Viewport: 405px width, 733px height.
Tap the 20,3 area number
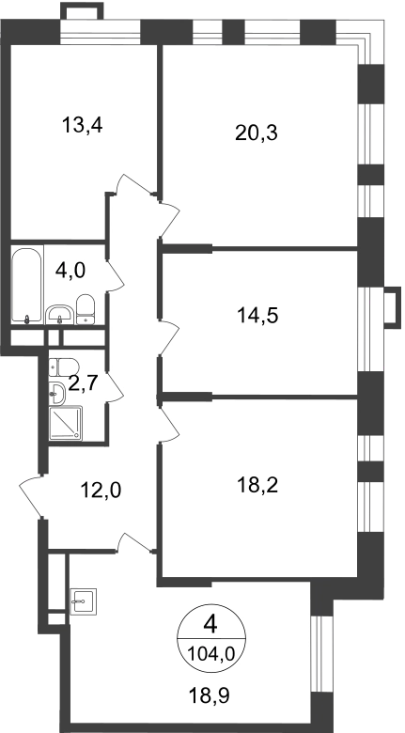click(257, 133)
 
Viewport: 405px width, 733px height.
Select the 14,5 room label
click(257, 316)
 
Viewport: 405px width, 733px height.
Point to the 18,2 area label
click(257, 486)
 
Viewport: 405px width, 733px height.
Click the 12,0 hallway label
click(101, 491)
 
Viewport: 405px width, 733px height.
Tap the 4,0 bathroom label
click(70, 271)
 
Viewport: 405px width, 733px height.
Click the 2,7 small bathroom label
click(83, 383)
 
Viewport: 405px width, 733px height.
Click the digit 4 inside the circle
click(210, 625)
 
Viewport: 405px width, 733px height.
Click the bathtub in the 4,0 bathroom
click(27, 284)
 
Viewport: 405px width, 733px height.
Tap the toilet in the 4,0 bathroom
click(86, 309)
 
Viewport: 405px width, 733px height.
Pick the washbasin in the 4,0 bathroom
click(60, 314)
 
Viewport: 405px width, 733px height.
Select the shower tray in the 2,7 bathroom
click(66, 423)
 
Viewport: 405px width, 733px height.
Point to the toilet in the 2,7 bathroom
click(64, 367)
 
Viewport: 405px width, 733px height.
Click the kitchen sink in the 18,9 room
click(84, 601)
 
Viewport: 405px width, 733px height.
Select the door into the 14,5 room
click(169, 338)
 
